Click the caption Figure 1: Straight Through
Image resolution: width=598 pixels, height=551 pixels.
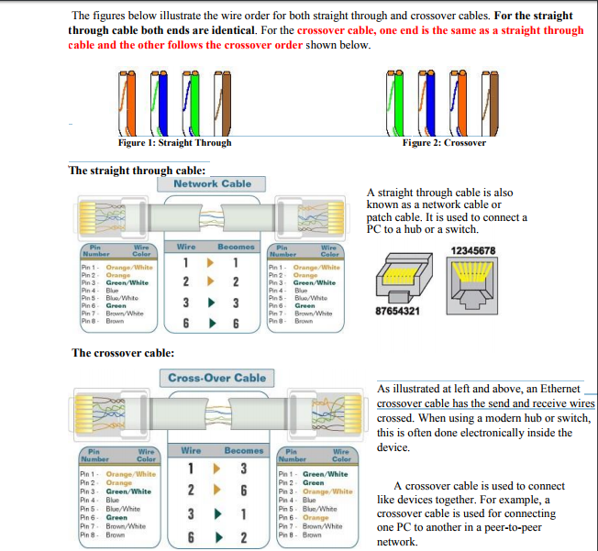pos(174,143)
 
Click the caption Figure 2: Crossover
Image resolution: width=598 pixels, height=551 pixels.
pos(443,143)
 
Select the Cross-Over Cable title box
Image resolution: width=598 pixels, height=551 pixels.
pos(216,378)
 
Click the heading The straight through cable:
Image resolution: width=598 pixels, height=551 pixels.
pos(138,171)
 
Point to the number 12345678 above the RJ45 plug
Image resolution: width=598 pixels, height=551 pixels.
pos(473,250)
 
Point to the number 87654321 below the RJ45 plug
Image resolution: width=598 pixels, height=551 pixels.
pos(398,312)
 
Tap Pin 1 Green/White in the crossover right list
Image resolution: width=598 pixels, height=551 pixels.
pos(314,474)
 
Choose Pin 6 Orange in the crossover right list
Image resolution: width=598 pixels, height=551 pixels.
pos(309,518)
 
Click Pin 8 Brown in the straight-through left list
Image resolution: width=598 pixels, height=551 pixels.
pos(103,322)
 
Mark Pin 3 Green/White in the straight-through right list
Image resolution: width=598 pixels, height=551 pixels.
pos(307,283)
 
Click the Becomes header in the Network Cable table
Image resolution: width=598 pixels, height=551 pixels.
pos(236,247)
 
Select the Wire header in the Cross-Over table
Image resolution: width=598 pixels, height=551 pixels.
pos(191,451)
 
